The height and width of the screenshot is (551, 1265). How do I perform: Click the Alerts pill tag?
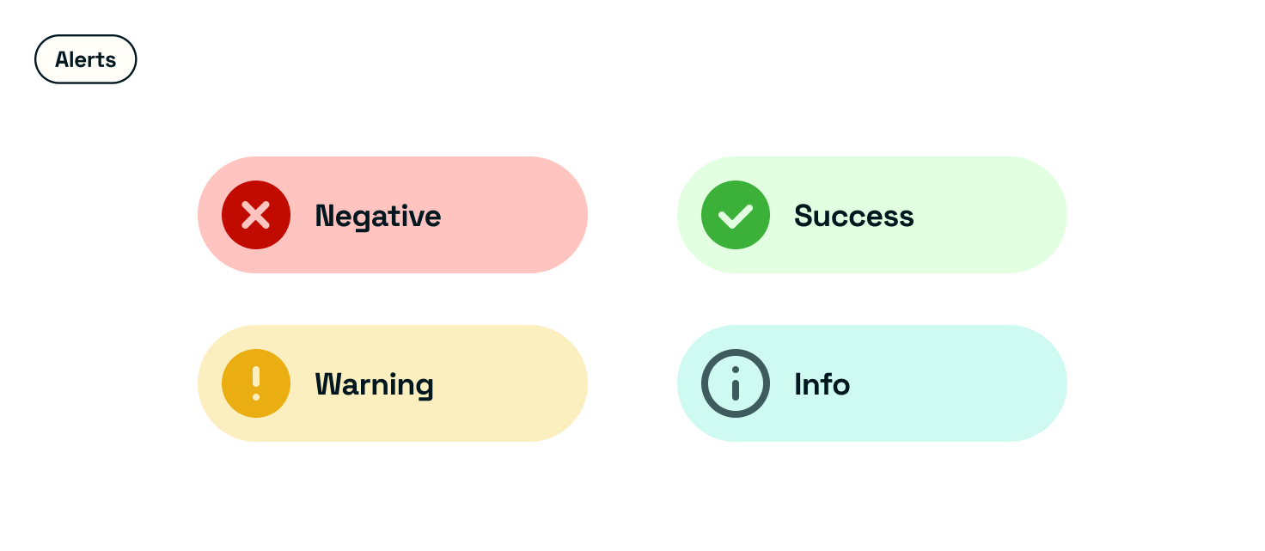pos(85,59)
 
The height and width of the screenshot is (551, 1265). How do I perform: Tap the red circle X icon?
pos(256,215)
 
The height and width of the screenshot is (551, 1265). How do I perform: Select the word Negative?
pos(378,217)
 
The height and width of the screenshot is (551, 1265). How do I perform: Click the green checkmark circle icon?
pos(736,215)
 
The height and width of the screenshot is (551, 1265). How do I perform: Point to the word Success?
pos(854,216)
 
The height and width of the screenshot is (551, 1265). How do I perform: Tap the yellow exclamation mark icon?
pos(256,383)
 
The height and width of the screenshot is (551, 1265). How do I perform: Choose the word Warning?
pos(375,385)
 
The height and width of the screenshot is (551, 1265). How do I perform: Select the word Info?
pos(822,384)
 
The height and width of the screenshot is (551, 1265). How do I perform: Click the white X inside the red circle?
pos(256,215)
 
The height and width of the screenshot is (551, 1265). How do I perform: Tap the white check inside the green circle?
pos(736,216)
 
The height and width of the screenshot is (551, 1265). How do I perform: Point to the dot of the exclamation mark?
pos(256,397)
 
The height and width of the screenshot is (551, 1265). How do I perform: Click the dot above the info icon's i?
pos(736,370)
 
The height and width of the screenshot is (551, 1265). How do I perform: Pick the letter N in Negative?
pos(326,216)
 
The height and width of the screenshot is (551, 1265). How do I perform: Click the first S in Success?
pos(804,216)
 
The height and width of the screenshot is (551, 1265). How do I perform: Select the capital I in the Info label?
pos(798,384)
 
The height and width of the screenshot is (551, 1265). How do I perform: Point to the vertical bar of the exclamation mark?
pos(256,377)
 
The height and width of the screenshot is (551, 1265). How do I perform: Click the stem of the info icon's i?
pos(736,390)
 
